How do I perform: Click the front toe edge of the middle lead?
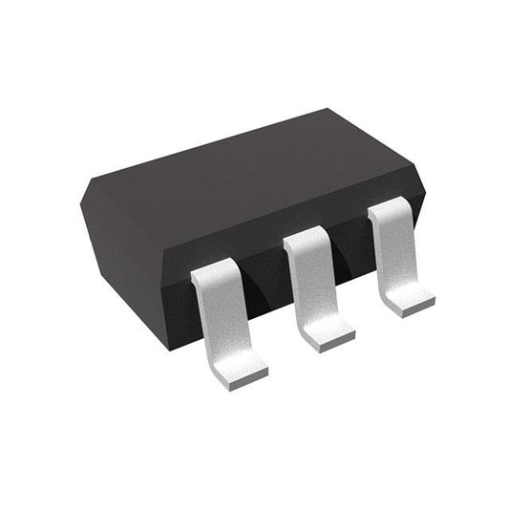coord(329,344)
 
